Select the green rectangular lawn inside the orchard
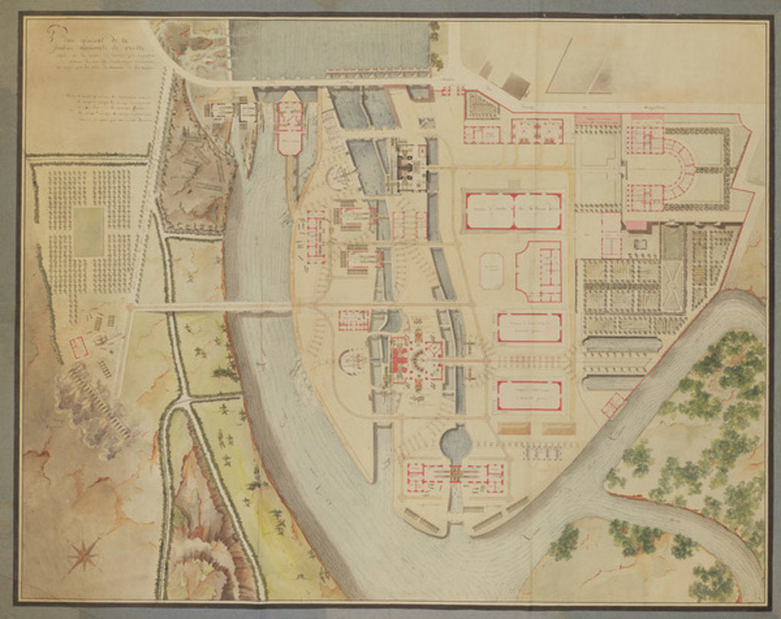tap(88, 231)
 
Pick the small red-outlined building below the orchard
tap(78, 348)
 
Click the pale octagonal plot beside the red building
tap(492, 270)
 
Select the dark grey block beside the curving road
tap(516, 84)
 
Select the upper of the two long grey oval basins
tap(622, 345)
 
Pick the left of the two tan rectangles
tap(512, 429)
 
